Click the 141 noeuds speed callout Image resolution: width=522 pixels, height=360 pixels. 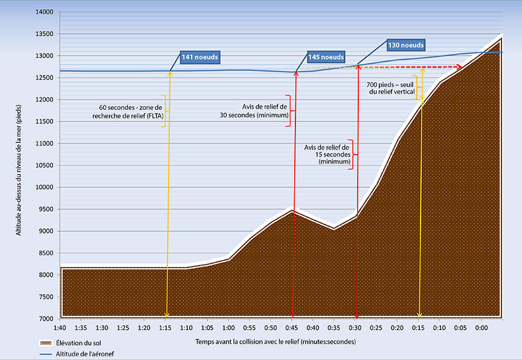(199, 57)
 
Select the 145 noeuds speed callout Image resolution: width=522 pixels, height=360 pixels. (326, 57)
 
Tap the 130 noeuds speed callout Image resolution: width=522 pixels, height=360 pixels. (405, 45)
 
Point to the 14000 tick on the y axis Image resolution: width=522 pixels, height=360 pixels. (45, 12)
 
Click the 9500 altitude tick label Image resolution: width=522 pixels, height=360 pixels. (47, 209)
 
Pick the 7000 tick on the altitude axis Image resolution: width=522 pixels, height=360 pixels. (47, 318)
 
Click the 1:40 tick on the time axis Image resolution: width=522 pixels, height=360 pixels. (60, 327)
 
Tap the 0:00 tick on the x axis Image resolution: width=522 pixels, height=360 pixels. (481, 327)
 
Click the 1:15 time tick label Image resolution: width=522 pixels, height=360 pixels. (165, 327)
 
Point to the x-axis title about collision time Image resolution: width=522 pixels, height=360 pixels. (275, 341)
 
